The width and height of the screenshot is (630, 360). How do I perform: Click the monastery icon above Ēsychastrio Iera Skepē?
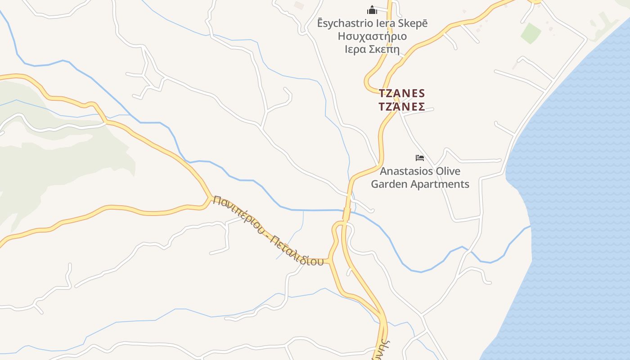tap(372, 9)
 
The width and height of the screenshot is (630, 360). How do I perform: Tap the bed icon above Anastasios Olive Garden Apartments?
tap(419, 158)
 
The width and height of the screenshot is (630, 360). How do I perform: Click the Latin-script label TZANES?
tap(402, 94)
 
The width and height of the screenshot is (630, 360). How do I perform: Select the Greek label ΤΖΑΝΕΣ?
tap(402, 107)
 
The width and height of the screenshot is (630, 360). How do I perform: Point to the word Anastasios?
tap(407, 171)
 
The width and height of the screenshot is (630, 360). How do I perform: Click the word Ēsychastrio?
tap(346, 23)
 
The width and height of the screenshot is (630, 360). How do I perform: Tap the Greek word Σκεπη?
tap(384, 49)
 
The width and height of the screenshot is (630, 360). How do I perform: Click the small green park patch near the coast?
tap(531, 33)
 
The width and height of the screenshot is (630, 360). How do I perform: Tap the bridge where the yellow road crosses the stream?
tap(346, 213)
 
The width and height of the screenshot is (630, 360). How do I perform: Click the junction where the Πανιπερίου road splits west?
tap(210, 198)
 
